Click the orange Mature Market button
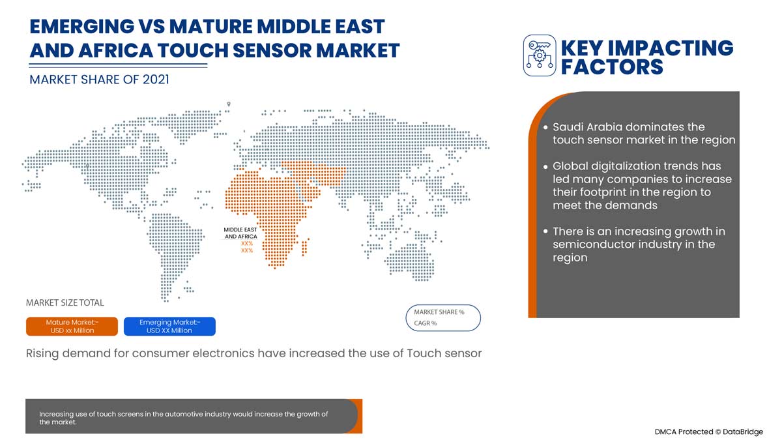click(72, 327)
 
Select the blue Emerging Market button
click(169, 327)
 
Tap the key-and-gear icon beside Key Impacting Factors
click(540, 56)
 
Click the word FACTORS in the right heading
click(612, 66)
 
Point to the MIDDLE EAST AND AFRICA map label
click(240, 233)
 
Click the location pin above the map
click(229, 104)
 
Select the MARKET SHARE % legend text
click(439, 312)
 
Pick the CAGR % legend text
click(426, 323)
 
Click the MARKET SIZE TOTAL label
click(65, 303)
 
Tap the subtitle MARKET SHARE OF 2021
click(99, 80)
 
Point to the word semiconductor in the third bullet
click(594, 244)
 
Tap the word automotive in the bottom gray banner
click(193, 415)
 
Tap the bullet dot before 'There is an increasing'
click(546, 232)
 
